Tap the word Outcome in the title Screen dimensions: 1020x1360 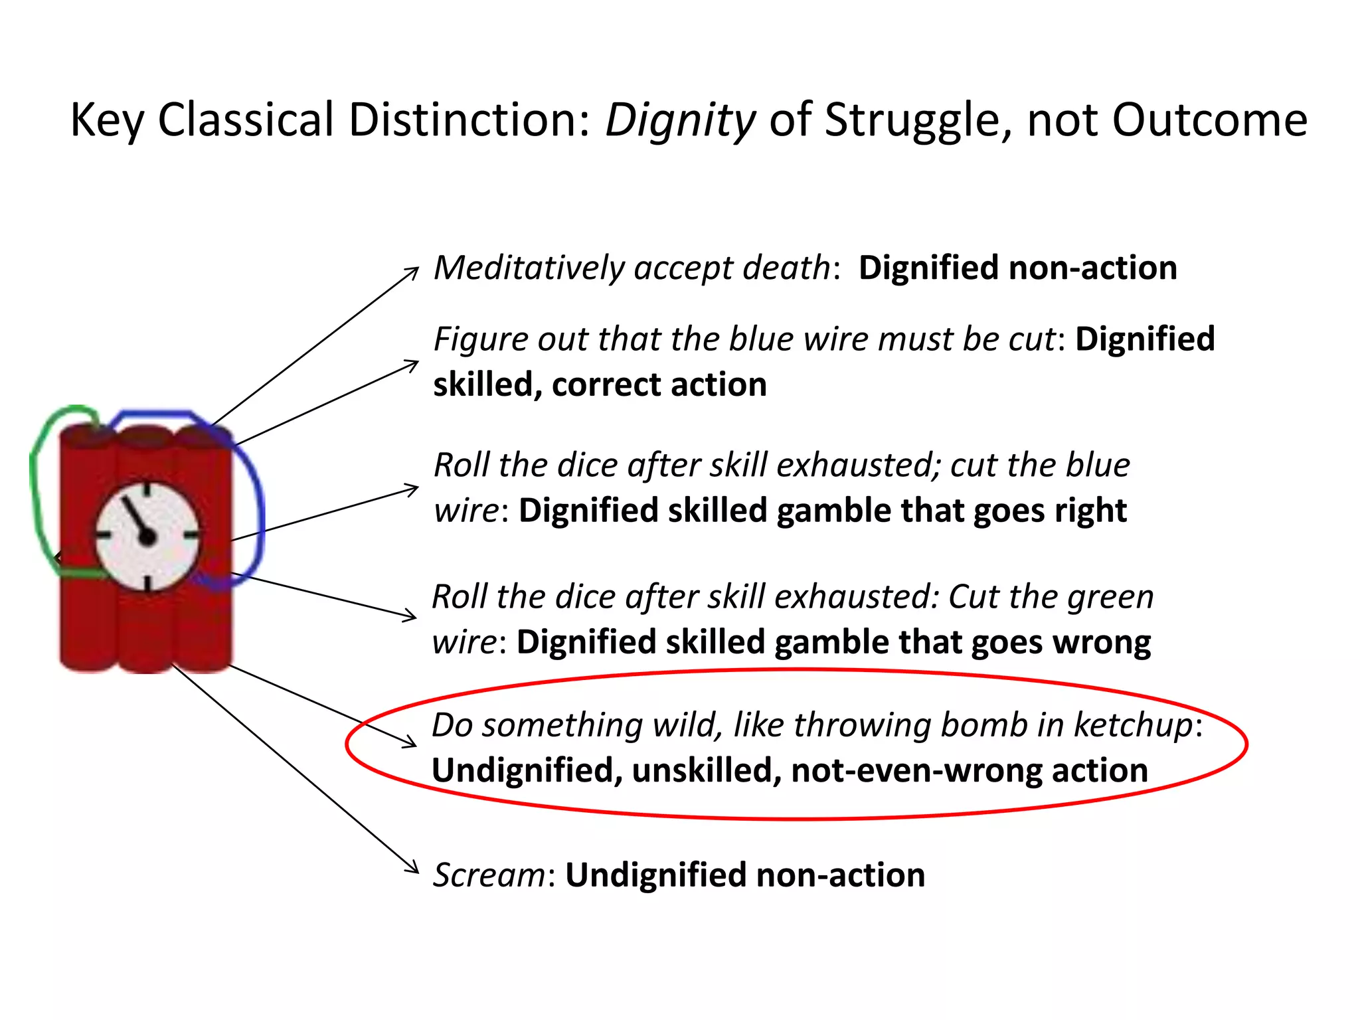click(x=1209, y=121)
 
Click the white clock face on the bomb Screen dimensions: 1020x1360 click(x=147, y=535)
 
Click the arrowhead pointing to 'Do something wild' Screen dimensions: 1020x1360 click(x=410, y=742)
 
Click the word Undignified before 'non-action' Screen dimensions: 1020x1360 click(x=655, y=875)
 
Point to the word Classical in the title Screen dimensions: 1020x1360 click(x=246, y=121)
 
